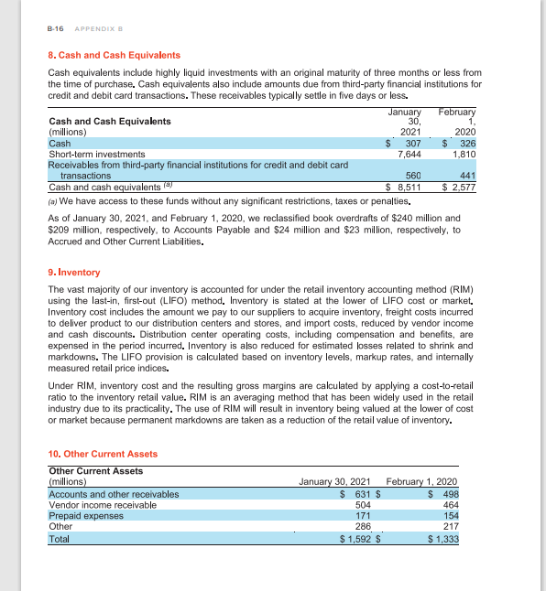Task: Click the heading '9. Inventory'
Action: coord(73,273)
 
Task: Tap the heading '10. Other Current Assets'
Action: coord(103,454)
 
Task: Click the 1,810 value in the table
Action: coord(463,154)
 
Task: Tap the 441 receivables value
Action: coord(468,175)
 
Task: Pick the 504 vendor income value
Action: coord(362,504)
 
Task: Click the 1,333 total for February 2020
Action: coord(444,538)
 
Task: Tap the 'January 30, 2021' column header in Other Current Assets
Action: coord(334,482)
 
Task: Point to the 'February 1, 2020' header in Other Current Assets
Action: coord(423,482)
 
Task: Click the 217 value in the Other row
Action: coord(449,526)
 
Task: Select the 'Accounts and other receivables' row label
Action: coord(114,493)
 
